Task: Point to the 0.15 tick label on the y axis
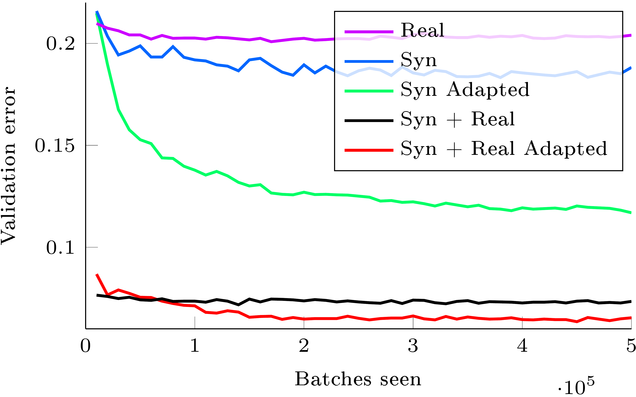tap(55, 146)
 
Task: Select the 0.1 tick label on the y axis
tap(60, 247)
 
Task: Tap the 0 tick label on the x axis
tap(86, 346)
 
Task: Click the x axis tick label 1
tap(195, 346)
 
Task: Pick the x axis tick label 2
tap(304, 346)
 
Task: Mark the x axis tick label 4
tap(522, 346)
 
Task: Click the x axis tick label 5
tap(631, 346)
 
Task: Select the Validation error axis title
tap(8, 165)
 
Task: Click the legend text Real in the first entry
tap(422, 30)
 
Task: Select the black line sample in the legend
tap(369, 120)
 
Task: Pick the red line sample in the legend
tap(369, 150)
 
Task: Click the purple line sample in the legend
tap(369, 32)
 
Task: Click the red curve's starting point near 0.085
tap(97, 275)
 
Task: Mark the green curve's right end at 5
tap(630, 213)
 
